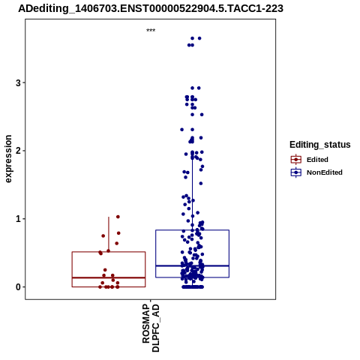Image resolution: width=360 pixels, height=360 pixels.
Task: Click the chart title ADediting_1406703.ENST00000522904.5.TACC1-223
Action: click(151, 8)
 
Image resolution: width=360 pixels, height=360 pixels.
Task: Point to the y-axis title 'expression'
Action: click(8, 159)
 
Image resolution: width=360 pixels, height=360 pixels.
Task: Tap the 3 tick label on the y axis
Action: click(18, 82)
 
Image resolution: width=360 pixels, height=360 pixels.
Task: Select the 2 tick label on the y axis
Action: click(18, 151)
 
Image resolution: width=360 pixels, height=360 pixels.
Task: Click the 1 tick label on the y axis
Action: click(18, 219)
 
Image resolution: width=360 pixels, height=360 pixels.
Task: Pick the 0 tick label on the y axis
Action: click(18, 287)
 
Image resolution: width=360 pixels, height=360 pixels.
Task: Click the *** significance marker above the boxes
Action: click(151, 31)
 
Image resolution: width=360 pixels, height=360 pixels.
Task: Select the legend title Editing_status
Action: click(320, 145)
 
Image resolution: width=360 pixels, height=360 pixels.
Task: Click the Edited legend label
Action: click(317, 160)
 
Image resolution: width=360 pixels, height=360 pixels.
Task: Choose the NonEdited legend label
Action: click(325, 172)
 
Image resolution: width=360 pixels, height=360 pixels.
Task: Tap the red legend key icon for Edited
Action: click(296, 160)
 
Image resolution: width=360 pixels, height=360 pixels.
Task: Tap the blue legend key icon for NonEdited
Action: click(296, 172)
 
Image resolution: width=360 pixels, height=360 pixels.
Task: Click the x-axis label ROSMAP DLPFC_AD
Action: click(151, 328)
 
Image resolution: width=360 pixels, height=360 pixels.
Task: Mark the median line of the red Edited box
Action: click(109, 277)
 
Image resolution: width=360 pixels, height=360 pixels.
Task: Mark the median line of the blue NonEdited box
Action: click(192, 265)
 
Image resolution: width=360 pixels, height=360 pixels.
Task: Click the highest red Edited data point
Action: click(118, 217)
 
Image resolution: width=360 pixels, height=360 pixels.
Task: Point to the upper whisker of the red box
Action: click(109, 235)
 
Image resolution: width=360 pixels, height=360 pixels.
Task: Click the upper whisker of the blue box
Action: click(192, 194)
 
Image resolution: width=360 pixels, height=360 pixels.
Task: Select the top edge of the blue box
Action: click(192, 230)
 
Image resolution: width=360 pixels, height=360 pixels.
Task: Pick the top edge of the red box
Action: click(109, 252)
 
